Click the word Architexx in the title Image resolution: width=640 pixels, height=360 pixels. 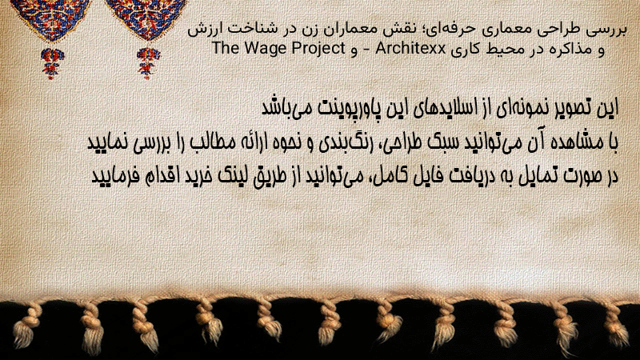410,49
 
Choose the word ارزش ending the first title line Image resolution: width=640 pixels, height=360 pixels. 202,30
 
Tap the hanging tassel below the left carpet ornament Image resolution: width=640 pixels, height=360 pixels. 51,63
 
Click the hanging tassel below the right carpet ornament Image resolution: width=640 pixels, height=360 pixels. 148,63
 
